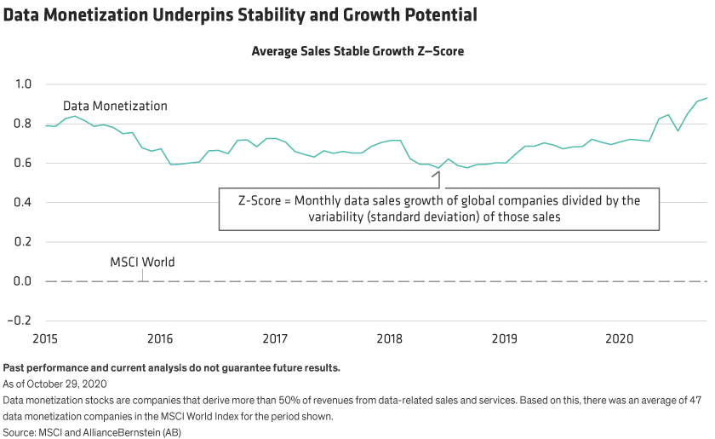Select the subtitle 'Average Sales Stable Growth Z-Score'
point(357,51)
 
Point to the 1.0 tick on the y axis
point(23,84)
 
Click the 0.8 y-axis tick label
point(23,124)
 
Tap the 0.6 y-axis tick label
point(23,163)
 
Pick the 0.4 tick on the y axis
point(23,202)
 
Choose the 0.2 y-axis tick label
point(23,242)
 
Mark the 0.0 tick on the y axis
point(23,281)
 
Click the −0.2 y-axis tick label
point(20,321)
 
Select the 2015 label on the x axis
point(46,339)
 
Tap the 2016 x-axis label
point(161,339)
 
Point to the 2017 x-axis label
point(275,339)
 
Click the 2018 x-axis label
point(390,339)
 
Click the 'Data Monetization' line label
point(115,107)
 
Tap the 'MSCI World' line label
point(142,263)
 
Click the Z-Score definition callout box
point(439,209)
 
